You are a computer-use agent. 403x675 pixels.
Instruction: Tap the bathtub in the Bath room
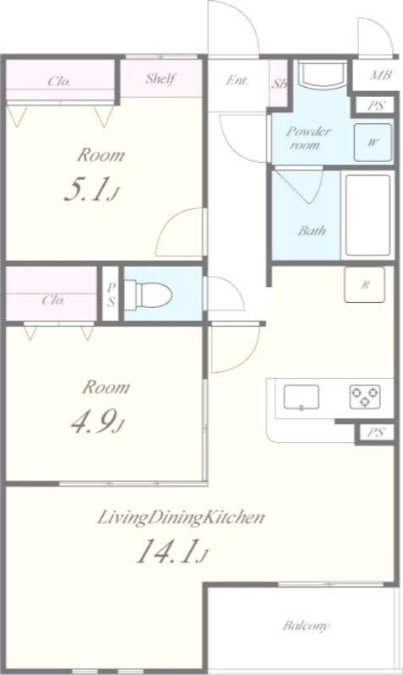point(368,215)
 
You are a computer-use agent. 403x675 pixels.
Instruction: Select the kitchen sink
point(301,396)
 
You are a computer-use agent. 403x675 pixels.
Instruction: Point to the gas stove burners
point(366,396)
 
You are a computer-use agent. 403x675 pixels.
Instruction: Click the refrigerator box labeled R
point(364,284)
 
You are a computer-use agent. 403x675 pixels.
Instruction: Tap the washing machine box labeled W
point(372,142)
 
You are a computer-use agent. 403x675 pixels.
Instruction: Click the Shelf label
point(161,79)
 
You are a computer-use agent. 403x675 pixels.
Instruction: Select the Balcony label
point(306,626)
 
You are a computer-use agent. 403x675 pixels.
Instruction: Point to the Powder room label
point(308,138)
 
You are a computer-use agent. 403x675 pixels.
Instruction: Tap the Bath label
point(312,230)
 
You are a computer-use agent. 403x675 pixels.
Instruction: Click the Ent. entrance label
point(237,81)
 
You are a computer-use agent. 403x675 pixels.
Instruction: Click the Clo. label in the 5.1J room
point(59,81)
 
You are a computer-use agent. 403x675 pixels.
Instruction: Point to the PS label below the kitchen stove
point(373,432)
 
